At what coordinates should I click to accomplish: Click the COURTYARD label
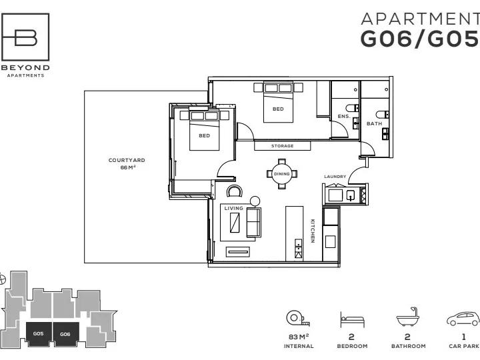pos(127,160)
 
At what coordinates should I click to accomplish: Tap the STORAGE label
pos(282,146)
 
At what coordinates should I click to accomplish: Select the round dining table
pos(281,174)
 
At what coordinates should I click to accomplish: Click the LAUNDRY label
pos(335,177)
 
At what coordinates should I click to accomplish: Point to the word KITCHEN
pos(313,231)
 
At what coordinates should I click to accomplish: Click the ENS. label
pos(344,116)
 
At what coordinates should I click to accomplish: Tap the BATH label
pos(375,124)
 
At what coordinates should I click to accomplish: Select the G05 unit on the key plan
pos(39,334)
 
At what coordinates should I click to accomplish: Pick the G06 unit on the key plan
pos(65,334)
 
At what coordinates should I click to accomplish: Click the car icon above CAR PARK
pos(463,319)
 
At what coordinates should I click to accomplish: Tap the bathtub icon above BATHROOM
pos(407,317)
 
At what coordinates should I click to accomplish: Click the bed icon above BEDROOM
pos(352,319)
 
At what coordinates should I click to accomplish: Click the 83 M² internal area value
pos(299,337)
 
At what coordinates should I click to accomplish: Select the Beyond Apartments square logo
pos(25,37)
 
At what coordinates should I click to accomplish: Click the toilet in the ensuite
pos(353,108)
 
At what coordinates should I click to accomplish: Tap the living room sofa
pos(254,222)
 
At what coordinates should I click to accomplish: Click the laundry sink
pos(351,195)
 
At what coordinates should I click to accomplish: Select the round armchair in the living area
pos(235,191)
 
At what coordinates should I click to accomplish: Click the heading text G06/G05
pos(420,39)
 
